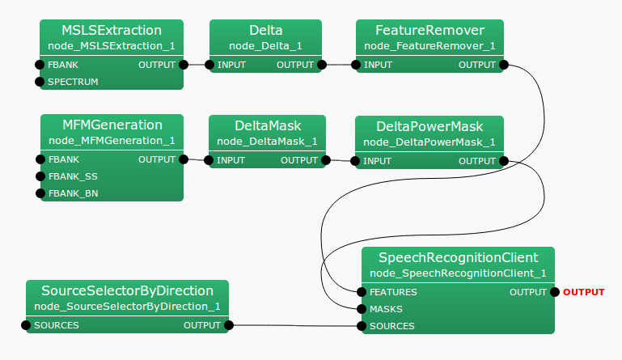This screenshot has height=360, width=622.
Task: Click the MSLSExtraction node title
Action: point(112,30)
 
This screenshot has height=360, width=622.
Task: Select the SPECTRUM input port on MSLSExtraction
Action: point(40,82)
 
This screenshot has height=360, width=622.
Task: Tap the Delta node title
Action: point(265,30)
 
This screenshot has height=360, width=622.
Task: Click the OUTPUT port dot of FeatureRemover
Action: point(504,65)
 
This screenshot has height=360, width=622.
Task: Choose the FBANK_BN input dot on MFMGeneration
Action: point(40,193)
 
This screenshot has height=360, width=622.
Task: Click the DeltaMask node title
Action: point(267,125)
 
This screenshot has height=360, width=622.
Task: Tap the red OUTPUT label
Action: point(583,292)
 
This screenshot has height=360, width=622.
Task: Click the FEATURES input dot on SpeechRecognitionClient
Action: point(362,292)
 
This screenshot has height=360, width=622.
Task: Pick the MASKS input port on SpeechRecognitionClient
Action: point(362,309)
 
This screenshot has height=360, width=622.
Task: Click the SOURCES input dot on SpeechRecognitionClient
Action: point(362,326)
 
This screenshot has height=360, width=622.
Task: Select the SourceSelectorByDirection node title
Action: point(127,290)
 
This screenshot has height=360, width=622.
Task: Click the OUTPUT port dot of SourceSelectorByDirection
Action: point(229,325)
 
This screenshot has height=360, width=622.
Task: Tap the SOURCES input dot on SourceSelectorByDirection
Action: point(27,325)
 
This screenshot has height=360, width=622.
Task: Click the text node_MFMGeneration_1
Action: point(112,141)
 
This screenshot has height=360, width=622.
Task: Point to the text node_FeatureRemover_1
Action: point(429,45)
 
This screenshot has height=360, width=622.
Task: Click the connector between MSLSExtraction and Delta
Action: point(197,65)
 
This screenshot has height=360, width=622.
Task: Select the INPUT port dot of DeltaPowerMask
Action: point(357,161)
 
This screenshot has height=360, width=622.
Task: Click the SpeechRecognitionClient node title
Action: point(458,257)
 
